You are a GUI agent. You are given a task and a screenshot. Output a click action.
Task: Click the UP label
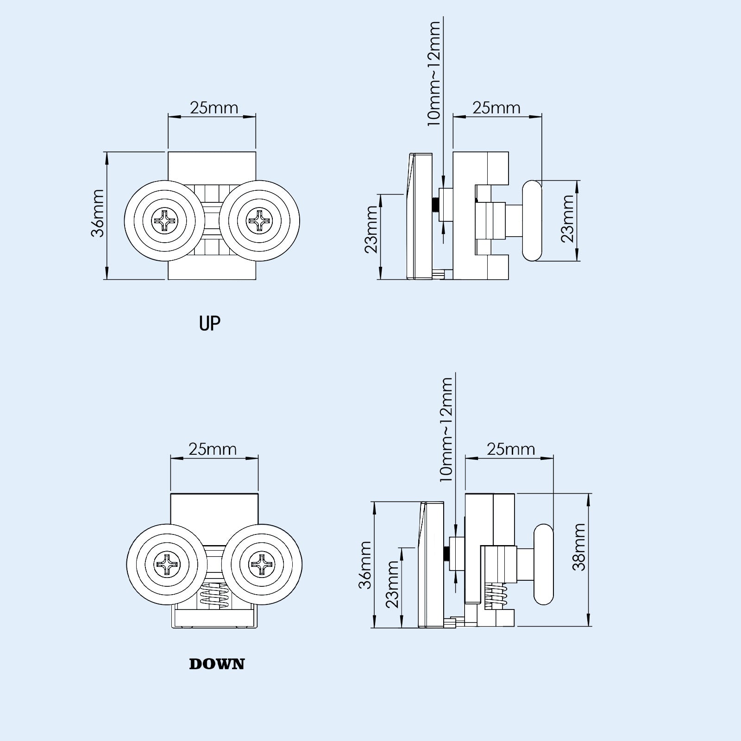click(x=209, y=323)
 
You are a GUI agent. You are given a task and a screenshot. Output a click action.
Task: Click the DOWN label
click(x=217, y=664)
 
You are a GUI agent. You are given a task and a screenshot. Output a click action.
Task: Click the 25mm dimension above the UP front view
click(x=214, y=108)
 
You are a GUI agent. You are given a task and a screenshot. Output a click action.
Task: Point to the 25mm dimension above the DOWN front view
click(x=213, y=449)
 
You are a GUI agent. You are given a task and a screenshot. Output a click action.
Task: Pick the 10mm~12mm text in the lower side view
click(x=446, y=429)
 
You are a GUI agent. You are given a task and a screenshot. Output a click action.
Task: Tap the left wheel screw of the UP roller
click(x=165, y=220)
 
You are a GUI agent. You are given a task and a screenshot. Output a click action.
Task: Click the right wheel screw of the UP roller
click(x=260, y=220)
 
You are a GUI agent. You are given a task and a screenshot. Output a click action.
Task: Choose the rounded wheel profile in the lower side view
click(x=544, y=564)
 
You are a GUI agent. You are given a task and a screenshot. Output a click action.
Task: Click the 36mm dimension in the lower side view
click(x=365, y=565)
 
